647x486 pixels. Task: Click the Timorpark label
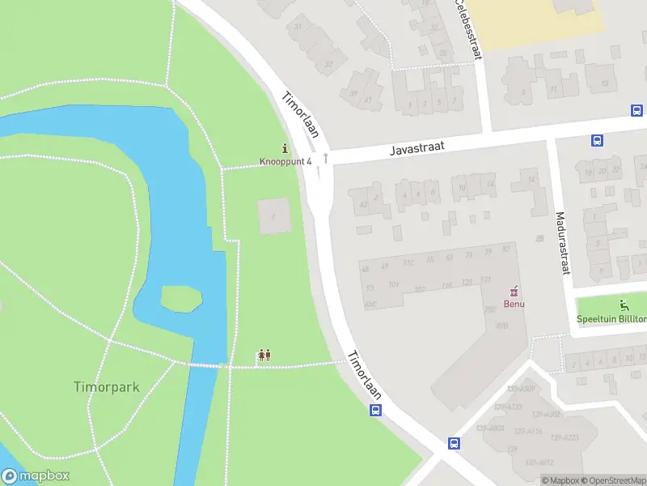tap(107, 387)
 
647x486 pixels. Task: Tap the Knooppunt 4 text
tap(285, 161)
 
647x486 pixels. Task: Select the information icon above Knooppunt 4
tap(285, 148)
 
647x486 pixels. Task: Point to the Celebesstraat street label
tap(468, 29)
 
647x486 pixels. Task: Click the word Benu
tap(515, 304)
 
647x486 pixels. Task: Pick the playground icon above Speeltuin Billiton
tap(624, 305)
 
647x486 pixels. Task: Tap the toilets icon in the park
tap(264, 356)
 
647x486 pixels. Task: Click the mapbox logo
tap(36, 476)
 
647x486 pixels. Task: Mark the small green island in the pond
tap(181, 298)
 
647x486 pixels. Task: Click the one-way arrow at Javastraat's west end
tap(326, 158)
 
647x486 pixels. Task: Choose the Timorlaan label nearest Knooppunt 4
tap(300, 115)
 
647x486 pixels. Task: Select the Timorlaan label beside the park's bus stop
tap(365, 374)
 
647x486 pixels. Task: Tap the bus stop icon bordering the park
tap(375, 410)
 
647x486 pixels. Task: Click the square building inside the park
tap(273, 215)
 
